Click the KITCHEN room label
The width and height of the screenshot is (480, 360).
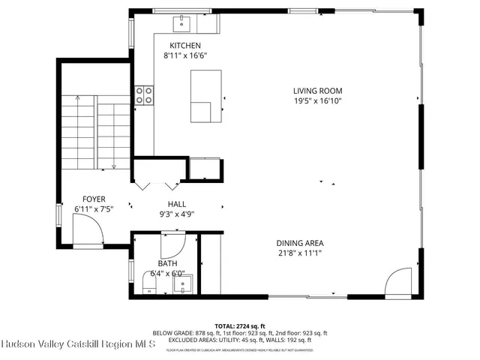click(x=184, y=45)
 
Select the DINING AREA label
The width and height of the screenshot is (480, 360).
click(x=299, y=243)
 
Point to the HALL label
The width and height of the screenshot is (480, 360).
click(x=176, y=204)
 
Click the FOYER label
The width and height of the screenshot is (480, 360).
click(x=93, y=199)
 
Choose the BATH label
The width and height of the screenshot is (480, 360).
click(x=167, y=263)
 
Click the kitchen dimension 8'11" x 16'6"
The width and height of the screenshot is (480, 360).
click(x=184, y=55)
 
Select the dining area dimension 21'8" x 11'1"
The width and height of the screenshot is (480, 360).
click(x=299, y=253)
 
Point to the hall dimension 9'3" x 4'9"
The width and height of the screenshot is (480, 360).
click(x=176, y=214)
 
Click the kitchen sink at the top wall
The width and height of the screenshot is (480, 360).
click(x=182, y=25)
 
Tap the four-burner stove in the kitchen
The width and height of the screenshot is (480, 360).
click(x=144, y=94)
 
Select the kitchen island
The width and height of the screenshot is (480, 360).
click(x=205, y=95)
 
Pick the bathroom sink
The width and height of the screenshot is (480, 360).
click(x=184, y=283)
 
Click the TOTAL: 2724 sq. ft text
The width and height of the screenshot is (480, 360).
click(x=240, y=325)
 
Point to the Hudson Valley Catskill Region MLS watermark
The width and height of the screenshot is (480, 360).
click(x=78, y=345)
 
